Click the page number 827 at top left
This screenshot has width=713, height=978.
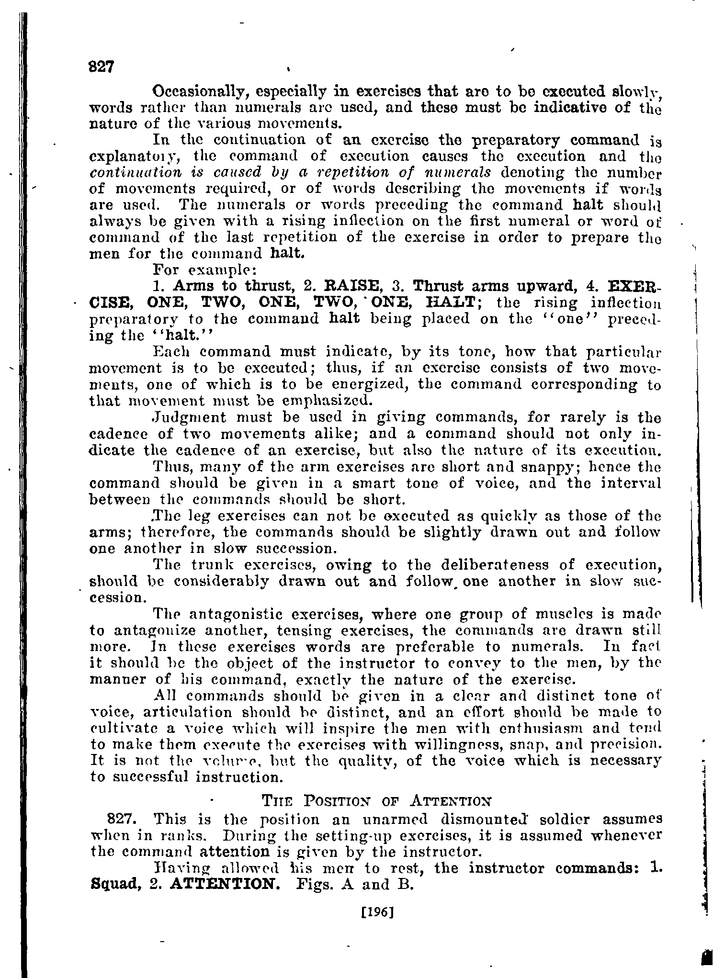point(101,67)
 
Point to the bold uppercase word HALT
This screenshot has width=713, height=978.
point(450,303)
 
